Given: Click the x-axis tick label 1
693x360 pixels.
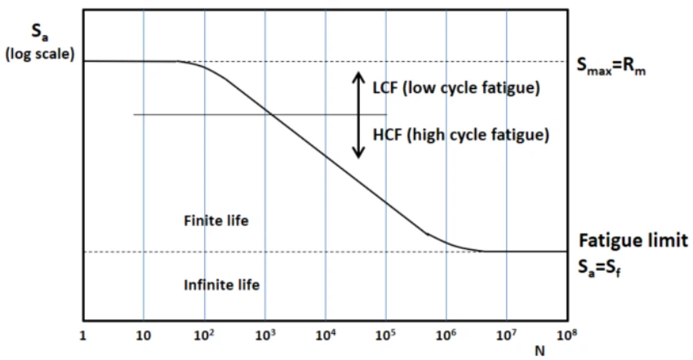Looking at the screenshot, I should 82,335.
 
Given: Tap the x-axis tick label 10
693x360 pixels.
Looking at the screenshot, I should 144,335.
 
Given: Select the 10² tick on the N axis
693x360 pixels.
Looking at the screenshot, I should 204,334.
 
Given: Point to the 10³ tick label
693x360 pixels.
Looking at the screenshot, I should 264,334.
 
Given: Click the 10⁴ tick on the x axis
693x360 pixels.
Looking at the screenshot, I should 325,334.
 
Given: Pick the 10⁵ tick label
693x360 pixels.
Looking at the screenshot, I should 385,334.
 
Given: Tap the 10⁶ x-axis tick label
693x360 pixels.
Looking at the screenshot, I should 446,334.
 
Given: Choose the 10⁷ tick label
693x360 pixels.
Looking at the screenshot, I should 506,334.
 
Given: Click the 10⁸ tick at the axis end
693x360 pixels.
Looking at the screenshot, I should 566,334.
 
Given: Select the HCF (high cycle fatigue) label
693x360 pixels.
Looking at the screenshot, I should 460,134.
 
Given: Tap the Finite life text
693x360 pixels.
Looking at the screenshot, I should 215,220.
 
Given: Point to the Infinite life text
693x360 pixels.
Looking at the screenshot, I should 221,284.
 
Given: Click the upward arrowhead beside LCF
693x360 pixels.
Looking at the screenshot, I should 357,76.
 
